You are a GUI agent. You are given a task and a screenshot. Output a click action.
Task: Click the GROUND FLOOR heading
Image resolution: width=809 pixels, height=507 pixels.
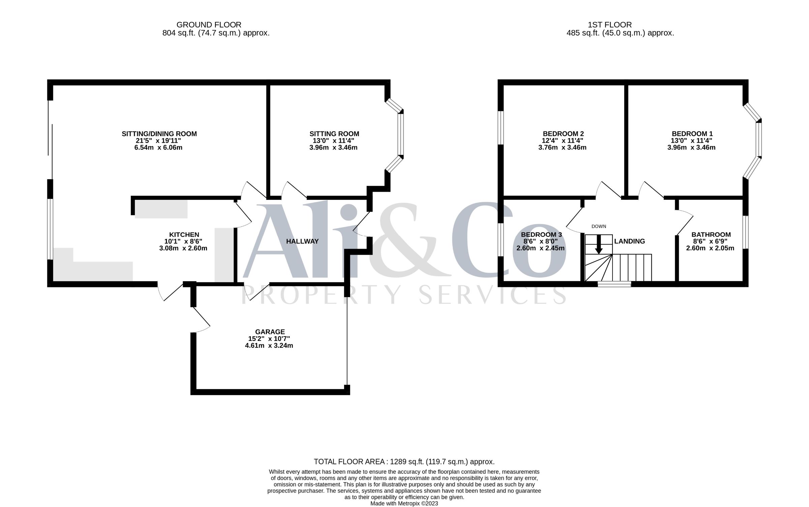[x=209, y=25]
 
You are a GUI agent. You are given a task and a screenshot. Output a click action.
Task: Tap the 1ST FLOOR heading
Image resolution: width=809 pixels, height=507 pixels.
[x=610, y=25]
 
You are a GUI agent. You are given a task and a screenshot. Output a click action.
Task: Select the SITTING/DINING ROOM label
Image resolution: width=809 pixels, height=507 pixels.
[x=159, y=134]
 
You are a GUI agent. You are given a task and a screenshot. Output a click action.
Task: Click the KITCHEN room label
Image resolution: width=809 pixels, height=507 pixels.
[x=184, y=235]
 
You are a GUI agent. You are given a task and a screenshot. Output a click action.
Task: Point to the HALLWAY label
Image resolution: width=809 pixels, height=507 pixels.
[x=302, y=241]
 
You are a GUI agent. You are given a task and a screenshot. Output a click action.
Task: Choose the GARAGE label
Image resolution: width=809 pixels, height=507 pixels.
[x=270, y=332]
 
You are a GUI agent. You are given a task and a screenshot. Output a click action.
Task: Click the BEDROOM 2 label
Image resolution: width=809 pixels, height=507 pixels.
[x=563, y=134]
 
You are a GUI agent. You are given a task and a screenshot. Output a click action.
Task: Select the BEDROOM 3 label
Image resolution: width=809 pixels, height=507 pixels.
[x=541, y=235]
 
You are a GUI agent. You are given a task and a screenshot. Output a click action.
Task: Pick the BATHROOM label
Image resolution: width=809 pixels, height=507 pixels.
[x=711, y=235]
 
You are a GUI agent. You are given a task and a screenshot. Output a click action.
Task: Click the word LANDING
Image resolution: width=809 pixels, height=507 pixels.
[x=630, y=241]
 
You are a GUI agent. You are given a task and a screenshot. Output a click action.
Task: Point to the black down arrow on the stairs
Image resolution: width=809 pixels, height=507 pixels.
[x=599, y=244]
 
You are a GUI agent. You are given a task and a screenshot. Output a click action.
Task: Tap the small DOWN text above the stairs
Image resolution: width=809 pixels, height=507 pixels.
[x=599, y=226]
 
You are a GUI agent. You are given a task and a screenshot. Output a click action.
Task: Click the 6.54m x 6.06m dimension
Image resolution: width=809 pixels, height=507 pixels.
[x=158, y=148]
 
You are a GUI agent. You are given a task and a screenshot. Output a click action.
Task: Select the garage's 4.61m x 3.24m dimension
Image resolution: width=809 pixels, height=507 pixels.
[x=269, y=346]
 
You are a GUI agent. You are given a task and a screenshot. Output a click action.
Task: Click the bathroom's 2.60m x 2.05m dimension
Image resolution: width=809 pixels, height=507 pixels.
[x=710, y=248]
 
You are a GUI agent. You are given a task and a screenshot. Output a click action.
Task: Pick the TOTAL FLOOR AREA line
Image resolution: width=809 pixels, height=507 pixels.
[x=404, y=462]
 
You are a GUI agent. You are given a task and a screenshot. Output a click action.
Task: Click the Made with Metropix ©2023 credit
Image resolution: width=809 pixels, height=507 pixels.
[x=404, y=503]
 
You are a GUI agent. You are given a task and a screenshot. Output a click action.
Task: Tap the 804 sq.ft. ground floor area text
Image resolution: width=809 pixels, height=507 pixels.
[x=216, y=33]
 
